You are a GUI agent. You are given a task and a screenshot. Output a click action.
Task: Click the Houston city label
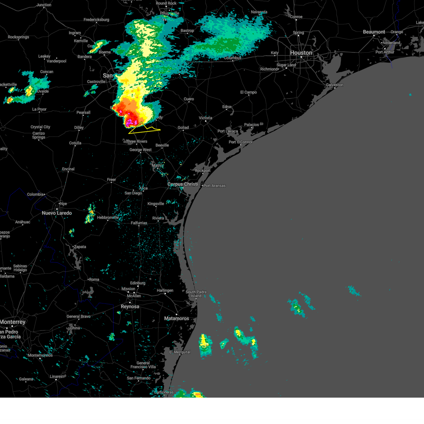[x=301, y=53]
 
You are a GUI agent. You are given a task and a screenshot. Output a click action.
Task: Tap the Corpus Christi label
[x=182, y=184]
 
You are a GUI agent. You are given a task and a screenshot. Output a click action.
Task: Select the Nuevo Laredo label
[x=57, y=213]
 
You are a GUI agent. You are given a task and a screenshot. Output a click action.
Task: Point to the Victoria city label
[x=205, y=118]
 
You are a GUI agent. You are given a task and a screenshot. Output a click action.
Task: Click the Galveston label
[x=334, y=85]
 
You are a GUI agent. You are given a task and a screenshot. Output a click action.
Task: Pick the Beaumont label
[x=374, y=32]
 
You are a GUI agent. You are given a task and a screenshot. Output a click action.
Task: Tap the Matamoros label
[x=176, y=318]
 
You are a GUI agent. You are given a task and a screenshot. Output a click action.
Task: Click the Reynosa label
[x=130, y=307]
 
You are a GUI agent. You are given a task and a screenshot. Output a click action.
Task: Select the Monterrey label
[x=13, y=322]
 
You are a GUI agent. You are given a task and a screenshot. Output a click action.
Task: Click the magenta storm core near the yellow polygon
[x=129, y=122]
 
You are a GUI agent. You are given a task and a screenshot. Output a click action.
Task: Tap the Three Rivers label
[x=136, y=141]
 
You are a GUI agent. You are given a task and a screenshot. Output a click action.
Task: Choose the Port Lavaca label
[x=228, y=131]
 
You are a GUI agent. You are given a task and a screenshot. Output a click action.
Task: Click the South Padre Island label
[x=196, y=294]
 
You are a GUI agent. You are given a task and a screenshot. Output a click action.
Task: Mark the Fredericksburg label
[x=96, y=20]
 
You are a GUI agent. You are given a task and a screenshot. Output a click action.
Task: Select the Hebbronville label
[x=108, y=218]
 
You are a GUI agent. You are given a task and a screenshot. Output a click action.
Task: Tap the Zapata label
[x=80, y=247]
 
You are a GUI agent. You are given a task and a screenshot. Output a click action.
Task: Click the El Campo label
[x=248, y=92]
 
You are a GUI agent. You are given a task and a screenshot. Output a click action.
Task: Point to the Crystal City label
[x=40, y=127]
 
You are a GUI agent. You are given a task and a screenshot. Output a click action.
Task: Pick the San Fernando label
[x=139, y=378]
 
